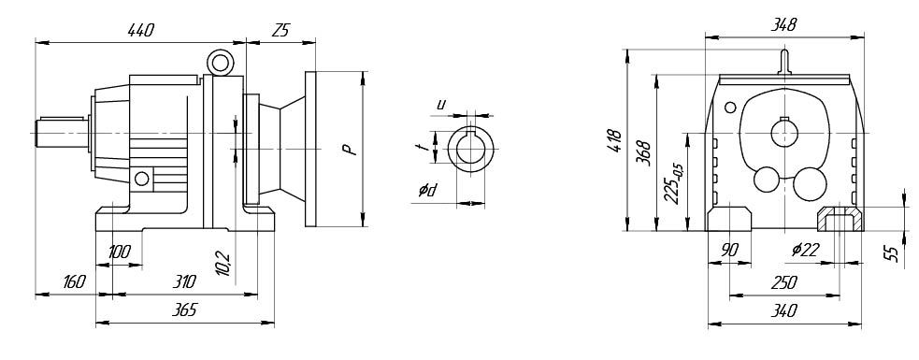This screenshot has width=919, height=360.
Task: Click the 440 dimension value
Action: [140, 31]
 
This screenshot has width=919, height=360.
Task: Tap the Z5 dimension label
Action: [281, 31]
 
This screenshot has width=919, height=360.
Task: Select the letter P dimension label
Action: [350, 149]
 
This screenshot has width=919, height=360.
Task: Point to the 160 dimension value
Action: [73, 282]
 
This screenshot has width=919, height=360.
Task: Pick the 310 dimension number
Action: [184, 282]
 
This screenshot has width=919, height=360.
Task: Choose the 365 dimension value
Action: [184, 310]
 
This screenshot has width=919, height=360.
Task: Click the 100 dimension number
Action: [121, 252]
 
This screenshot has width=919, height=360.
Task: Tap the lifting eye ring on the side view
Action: [221, 62]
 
